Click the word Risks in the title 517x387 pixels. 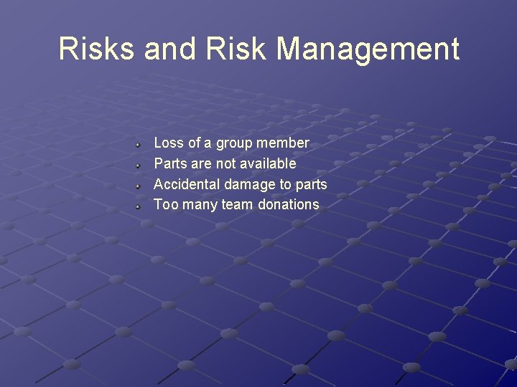coord(97,49)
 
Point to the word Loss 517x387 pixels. coord(169,143)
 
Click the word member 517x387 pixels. coord(281,143)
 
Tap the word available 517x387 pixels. coord(267,163)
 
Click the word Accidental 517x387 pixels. coord(187,184)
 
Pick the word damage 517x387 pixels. coord(250,184)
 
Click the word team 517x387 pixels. coord(238,205)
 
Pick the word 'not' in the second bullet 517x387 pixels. coord(226,163)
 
